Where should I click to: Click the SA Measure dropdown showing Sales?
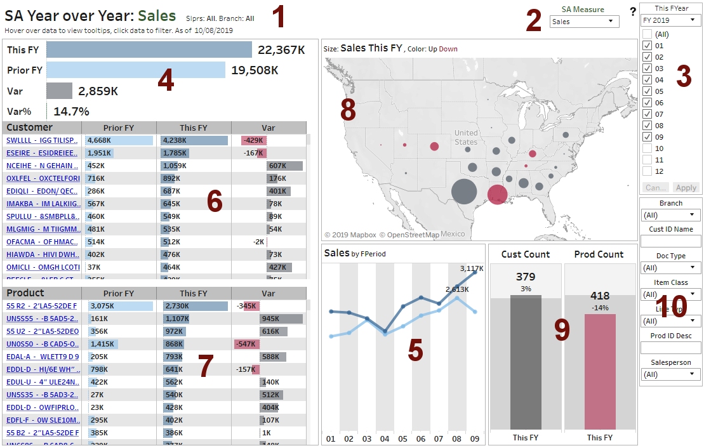584,22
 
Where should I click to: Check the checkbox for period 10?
647,148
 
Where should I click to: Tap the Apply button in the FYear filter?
686,188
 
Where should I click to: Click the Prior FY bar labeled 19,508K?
135,70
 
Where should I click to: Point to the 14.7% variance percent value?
71,111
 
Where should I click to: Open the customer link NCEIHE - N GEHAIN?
43,166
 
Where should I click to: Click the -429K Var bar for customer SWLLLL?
254,140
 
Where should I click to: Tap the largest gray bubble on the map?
464,192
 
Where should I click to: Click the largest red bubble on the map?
497,194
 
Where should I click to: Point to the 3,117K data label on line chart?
472,268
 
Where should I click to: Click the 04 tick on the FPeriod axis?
385,438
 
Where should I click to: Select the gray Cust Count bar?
526,362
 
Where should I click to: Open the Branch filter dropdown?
670,215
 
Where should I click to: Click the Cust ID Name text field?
670,241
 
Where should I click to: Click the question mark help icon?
632,11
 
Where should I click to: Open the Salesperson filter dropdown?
670,374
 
